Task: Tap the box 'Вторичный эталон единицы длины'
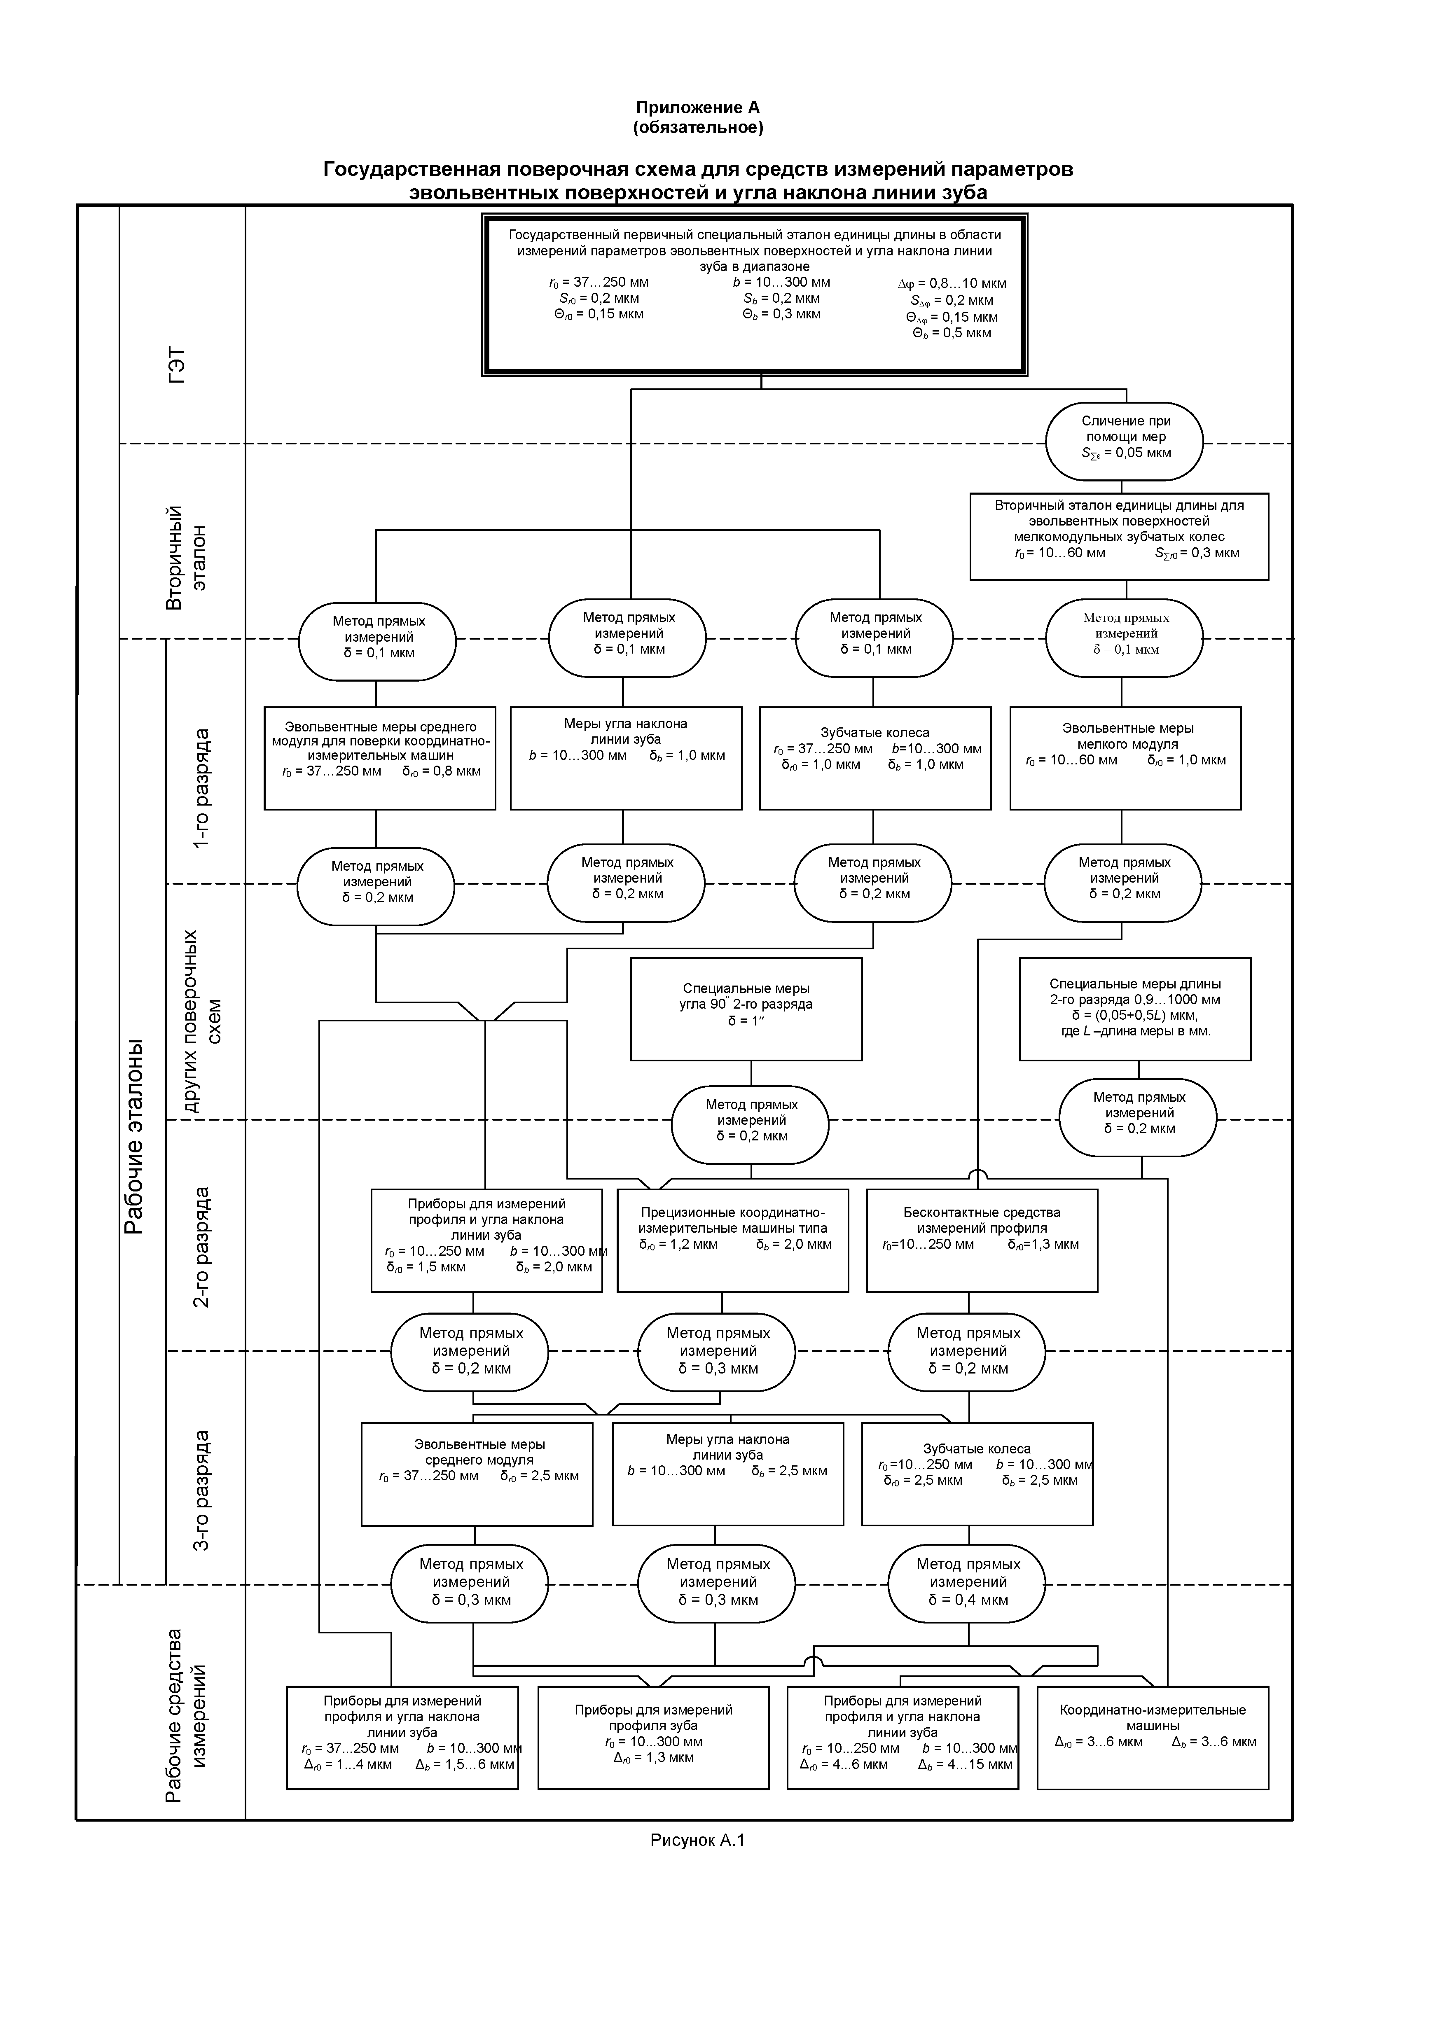(1119, 537)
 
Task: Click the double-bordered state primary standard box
(755, 294)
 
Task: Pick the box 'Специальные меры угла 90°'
(746, 1009)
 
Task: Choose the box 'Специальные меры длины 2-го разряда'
(1135, 1009)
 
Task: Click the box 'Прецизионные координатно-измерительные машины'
(733, 1240)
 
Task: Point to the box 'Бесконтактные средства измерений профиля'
(982, 1240)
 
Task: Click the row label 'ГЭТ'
(178, 365)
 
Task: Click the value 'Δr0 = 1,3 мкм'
(653, 1757)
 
